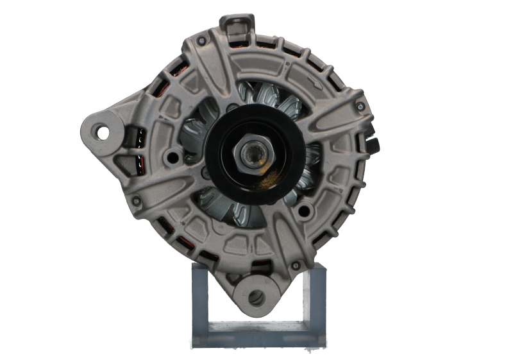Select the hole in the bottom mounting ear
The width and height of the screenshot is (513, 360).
click(257, 296)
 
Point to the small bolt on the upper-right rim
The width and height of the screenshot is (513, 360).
click(361, 104)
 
